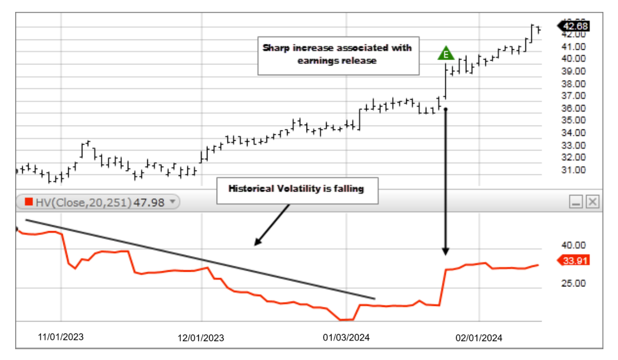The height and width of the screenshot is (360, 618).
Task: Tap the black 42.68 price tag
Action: coord(575,25)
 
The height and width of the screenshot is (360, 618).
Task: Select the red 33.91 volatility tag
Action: coord(575,260)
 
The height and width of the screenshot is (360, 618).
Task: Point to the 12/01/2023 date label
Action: coord(201,338)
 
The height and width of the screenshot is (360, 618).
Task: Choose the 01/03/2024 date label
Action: coord(346,338)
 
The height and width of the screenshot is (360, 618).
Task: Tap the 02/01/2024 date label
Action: coord(479,338)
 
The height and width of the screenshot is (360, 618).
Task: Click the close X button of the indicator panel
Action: coord(593,202)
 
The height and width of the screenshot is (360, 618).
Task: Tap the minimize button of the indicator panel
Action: coord(576,202)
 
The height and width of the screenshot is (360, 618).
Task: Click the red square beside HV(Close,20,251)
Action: coord(29,202)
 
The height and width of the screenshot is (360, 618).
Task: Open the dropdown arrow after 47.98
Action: coord(172,202)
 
